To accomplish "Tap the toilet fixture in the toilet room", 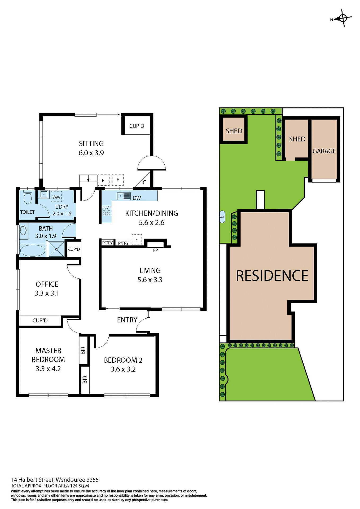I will [28, 198].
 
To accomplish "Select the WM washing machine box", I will [56, 197].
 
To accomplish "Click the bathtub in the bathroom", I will [33, 250].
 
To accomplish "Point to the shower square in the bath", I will [56, 249].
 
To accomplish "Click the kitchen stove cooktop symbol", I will [107, 211].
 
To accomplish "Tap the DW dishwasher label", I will [137, 198].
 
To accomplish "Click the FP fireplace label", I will [155, 250].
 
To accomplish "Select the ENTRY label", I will [127, 320].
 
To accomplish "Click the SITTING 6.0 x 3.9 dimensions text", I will [91, 153].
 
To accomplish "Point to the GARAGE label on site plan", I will [324, 151].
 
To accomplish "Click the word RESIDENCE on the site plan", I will [272, 276].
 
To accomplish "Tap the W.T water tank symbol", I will [222, 217].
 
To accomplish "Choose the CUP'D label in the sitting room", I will [137, 126].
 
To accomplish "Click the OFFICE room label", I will [47, 284].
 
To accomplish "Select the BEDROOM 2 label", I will [123, 360].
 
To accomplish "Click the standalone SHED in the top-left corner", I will [234, 131].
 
